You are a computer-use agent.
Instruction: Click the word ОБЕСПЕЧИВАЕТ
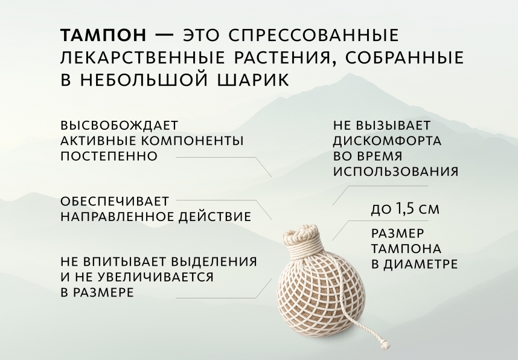pyautogui.click(x=115, y=201)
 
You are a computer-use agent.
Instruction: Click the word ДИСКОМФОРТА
pyautogui.click(x=387, y=141)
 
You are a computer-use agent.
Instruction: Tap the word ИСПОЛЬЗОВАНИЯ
pyautogui.click(x=395, y=172)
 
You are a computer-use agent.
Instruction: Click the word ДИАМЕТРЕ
pyautogui.click(x=420, y=264)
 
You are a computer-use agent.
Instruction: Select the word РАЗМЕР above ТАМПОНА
pyautogui.click(x=397, y=233)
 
